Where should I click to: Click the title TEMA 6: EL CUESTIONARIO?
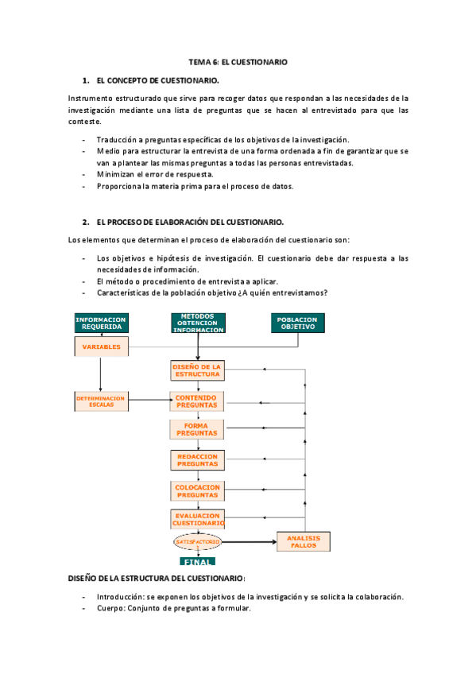pyautogui.click(x=238, y=61)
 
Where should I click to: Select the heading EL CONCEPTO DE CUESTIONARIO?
pyautogui.click(x=157, y=81)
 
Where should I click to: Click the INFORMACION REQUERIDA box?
pyautogui.click(x=100, y=323)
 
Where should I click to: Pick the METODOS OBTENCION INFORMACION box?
pyautogui.click(x=198, y=323)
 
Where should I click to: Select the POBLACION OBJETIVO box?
pyautogui.click(x=297, y=323)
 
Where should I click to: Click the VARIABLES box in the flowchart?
pyautogui.click(x=100, y=347)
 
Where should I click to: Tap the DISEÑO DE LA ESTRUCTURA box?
pyautogui.click(x=197, y=370)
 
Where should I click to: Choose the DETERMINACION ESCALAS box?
pyautogui.click(x=100, y=401)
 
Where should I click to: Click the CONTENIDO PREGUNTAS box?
pyautogui.click(x=197, y=401)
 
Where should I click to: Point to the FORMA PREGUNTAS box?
pyautogui.click(x=197, y=430)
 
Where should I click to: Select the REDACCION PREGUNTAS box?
pyautogui.click(x=197, y=459)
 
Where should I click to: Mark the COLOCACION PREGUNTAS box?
pyautogui.click(x=197, y=490)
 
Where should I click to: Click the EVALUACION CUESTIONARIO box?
pyautogui.click(x=197, y=520)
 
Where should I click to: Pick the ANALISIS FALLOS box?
pyautogui.click(x=303, y=541)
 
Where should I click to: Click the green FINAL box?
pyautogui.click(x=198, y=561)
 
